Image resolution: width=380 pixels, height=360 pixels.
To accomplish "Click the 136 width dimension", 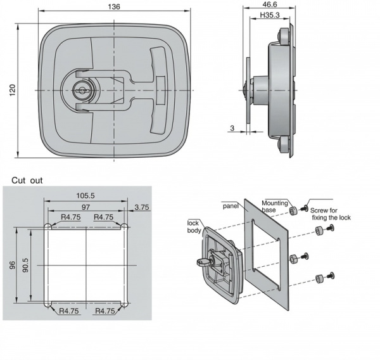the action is (x=114, y=7).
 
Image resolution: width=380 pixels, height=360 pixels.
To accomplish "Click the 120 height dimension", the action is (x=13, y=90).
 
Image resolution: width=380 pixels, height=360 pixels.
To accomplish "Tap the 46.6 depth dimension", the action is (x=270, y=4).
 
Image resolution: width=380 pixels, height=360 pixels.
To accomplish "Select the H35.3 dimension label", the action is (x=270, y=15).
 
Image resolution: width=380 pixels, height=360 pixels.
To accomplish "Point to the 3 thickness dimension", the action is (x=232, y=128).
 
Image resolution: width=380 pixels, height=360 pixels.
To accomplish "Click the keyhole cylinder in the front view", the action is (x=80, y=91).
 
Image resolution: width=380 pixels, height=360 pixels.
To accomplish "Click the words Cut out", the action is (x=27, y=180).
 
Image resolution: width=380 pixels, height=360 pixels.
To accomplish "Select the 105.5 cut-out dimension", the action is (x=85, y=195).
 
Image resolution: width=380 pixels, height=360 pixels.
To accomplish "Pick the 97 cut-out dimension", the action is (x=85, y=207).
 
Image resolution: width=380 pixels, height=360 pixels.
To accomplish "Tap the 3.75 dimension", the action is (x=142, y=207).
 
